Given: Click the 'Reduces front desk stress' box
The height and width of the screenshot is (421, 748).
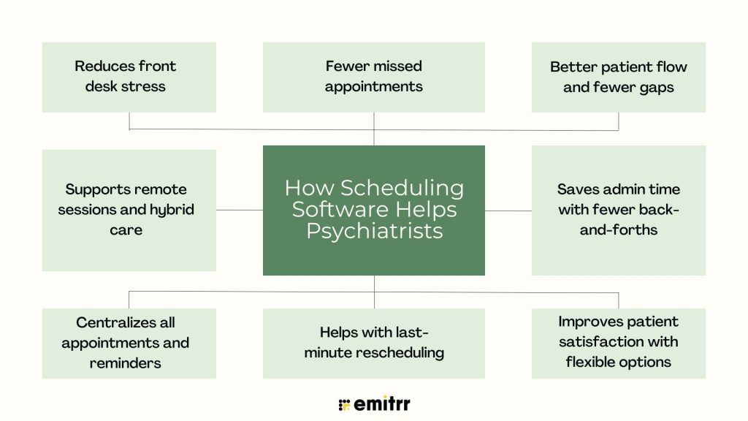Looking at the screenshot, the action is tap(129, 77).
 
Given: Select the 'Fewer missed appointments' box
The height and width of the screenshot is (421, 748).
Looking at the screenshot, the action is tap(373, 77).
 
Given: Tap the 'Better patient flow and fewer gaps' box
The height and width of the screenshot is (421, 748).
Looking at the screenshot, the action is tap(619, 77).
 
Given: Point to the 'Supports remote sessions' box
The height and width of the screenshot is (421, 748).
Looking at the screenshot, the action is tap(129, 210).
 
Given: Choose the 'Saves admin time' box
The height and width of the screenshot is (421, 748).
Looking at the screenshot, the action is tap(619, 210).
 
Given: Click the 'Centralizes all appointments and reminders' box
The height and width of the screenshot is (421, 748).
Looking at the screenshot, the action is tap(129, 344).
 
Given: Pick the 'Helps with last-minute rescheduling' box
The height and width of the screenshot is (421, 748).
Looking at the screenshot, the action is tap(373, 344).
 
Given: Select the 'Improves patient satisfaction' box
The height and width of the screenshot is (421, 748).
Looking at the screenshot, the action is tap(619, 344).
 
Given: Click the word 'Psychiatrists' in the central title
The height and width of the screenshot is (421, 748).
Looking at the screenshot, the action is tap(375, 232).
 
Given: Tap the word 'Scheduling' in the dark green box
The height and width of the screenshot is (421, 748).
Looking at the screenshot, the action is tap(402, 189).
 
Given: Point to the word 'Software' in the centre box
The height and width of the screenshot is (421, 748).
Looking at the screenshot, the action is tap(340, 210).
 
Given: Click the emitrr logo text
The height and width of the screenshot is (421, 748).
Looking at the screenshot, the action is tap(381, 403).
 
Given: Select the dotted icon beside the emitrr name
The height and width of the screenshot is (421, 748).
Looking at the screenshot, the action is tap(344, 405).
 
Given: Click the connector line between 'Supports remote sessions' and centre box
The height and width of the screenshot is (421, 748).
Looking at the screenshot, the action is tap(240, 210).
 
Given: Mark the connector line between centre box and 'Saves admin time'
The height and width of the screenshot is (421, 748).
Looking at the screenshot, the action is tap(508, 210).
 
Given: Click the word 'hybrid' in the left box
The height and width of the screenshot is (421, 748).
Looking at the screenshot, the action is tap(172, 210).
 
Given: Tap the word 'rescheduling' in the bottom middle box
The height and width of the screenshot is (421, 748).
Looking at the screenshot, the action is tap(400, 353).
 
